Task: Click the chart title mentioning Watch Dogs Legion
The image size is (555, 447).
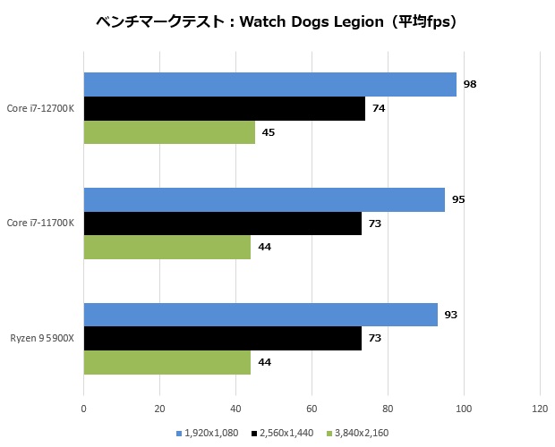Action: [277, 22]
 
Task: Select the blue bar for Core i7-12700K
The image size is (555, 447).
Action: [269, 85]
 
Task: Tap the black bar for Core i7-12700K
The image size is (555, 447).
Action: [224, 108]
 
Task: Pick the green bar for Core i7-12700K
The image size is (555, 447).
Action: [169, 132]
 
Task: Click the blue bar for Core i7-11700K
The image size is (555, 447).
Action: [264, 199]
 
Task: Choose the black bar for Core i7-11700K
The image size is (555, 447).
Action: [222, 223]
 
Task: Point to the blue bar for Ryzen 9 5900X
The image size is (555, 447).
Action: [260, 315]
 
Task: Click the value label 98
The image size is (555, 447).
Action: [470, 85]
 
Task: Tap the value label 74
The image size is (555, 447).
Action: [379, 108]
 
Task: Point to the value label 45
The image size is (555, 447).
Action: [269, 132]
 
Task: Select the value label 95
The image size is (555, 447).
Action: [458, 199]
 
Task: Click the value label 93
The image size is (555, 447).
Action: [451, 315]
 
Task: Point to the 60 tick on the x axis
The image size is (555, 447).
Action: [312, 409]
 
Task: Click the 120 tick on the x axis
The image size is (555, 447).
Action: [540, 409]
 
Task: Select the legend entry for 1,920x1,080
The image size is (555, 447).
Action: [210, 434]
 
